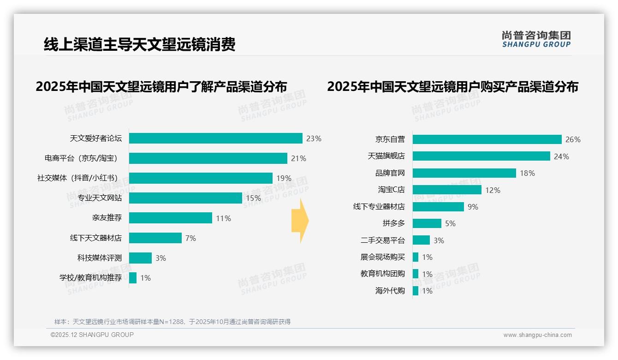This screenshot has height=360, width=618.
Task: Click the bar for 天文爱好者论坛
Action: (x=215, y=138)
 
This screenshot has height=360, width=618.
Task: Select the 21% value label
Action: (x=298, y=159)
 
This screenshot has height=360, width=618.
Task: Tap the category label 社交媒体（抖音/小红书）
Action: (x=77, y=178)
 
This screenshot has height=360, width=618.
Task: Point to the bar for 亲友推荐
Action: (x=170, y=218)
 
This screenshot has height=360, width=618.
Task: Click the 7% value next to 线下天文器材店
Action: (x=190, y=238)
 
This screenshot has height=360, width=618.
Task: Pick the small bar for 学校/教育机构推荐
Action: (x=132, y=278)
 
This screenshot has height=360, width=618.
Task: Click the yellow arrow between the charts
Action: (x=300, y=221)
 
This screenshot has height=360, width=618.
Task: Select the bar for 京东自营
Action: (x=487, y=139)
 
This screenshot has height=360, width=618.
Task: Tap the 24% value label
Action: (x=561, y=156)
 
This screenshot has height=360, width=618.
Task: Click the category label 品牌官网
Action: (x=390, y=173)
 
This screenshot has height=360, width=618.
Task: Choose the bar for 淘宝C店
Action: (x=446, y=190)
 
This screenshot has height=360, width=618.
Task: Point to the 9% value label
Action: (x=473, y=207)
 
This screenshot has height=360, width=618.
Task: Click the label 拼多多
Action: (x=393, y=223)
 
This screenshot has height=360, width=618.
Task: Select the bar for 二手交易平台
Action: (x=421, y=240)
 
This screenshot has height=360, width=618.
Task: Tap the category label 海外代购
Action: (x=390, y=291)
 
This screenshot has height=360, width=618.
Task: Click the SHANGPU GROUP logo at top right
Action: (x=536, y=39)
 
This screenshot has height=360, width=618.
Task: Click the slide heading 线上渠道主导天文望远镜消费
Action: (x=139, y=44)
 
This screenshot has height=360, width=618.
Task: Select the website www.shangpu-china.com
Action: (x=537, y=335)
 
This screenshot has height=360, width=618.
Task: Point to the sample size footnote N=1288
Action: (x=172, y=322)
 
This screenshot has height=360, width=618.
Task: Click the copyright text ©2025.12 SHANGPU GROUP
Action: (x=92, y=335)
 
